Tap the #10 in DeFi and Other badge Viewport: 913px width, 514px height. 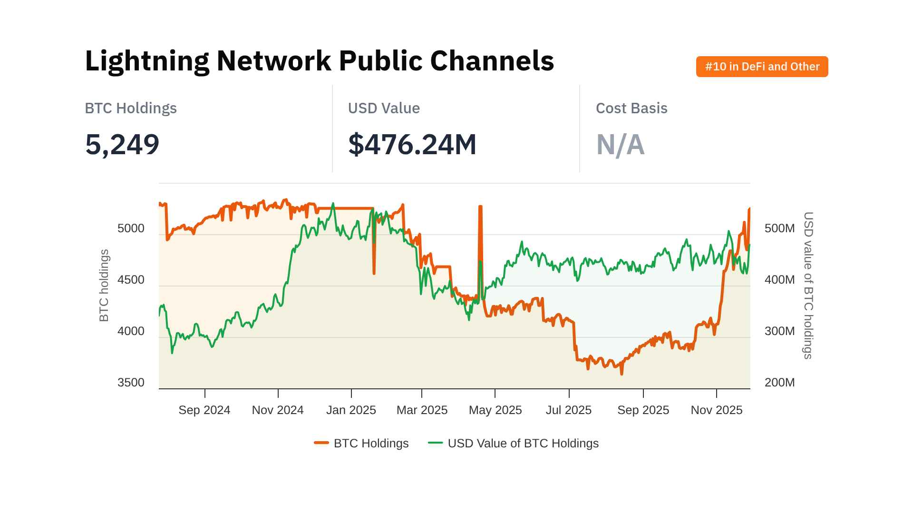point(762,67)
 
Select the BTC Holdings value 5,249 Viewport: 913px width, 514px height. point(122,144)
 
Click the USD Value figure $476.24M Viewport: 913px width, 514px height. point(412,144)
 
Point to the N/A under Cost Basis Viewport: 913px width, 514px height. point(620,144)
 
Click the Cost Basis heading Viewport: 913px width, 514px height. point(631,109)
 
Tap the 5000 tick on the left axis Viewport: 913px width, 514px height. point(131,228)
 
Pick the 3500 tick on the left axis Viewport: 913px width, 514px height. point(131,383)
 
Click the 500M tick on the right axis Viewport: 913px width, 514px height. point(779,228)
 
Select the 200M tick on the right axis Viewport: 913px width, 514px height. point(779,383)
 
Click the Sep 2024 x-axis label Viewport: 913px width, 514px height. point(204,410)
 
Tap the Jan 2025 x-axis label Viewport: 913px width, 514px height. point(351,410)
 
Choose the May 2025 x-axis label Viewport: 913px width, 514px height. point(495,410)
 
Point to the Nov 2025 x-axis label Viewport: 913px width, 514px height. point(716,410)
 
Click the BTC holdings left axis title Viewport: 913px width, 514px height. point(104,286)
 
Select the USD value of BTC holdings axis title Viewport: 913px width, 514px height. point(808,286)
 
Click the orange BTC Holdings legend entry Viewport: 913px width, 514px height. point(361,444)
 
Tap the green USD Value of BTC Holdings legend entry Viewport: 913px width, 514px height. point(514,444)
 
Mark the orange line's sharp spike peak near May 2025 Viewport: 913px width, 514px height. point(480,207)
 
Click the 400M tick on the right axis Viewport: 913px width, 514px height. point(779,280)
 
